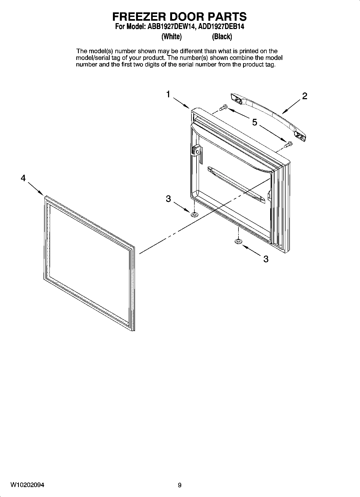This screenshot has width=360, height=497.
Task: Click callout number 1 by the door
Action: [168, 95]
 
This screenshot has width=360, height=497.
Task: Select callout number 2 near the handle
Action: [304, 96]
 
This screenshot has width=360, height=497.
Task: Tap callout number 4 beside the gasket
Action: [23, 178]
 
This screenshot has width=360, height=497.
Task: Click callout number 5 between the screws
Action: [254, 123]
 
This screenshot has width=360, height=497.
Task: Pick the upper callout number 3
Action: [168, 199]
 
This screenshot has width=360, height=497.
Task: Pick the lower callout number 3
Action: [266, 259]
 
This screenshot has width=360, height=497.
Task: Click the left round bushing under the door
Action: [194, 214]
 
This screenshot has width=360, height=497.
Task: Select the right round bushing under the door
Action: [238, 242]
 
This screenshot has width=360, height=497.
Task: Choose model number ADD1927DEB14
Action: [221, 27]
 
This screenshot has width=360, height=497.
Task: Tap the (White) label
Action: [171, 37]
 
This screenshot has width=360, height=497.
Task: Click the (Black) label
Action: [222, 37]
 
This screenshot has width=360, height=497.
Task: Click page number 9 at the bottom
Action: [180, 485]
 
